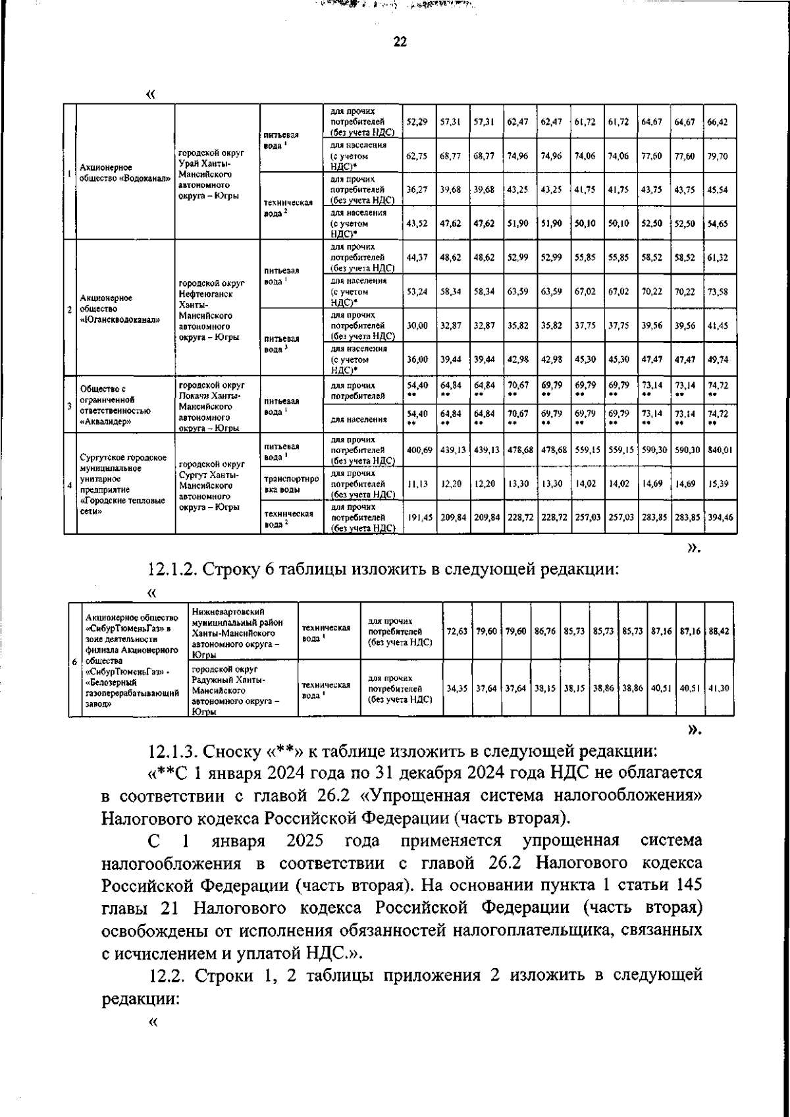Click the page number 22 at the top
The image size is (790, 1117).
400,42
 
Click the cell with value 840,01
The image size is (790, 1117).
720,450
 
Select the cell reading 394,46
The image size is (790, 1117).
720,518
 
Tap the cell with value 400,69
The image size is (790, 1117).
419,450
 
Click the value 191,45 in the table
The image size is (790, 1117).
419,518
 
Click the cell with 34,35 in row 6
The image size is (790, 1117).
457,688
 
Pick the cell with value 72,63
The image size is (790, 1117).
457,631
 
